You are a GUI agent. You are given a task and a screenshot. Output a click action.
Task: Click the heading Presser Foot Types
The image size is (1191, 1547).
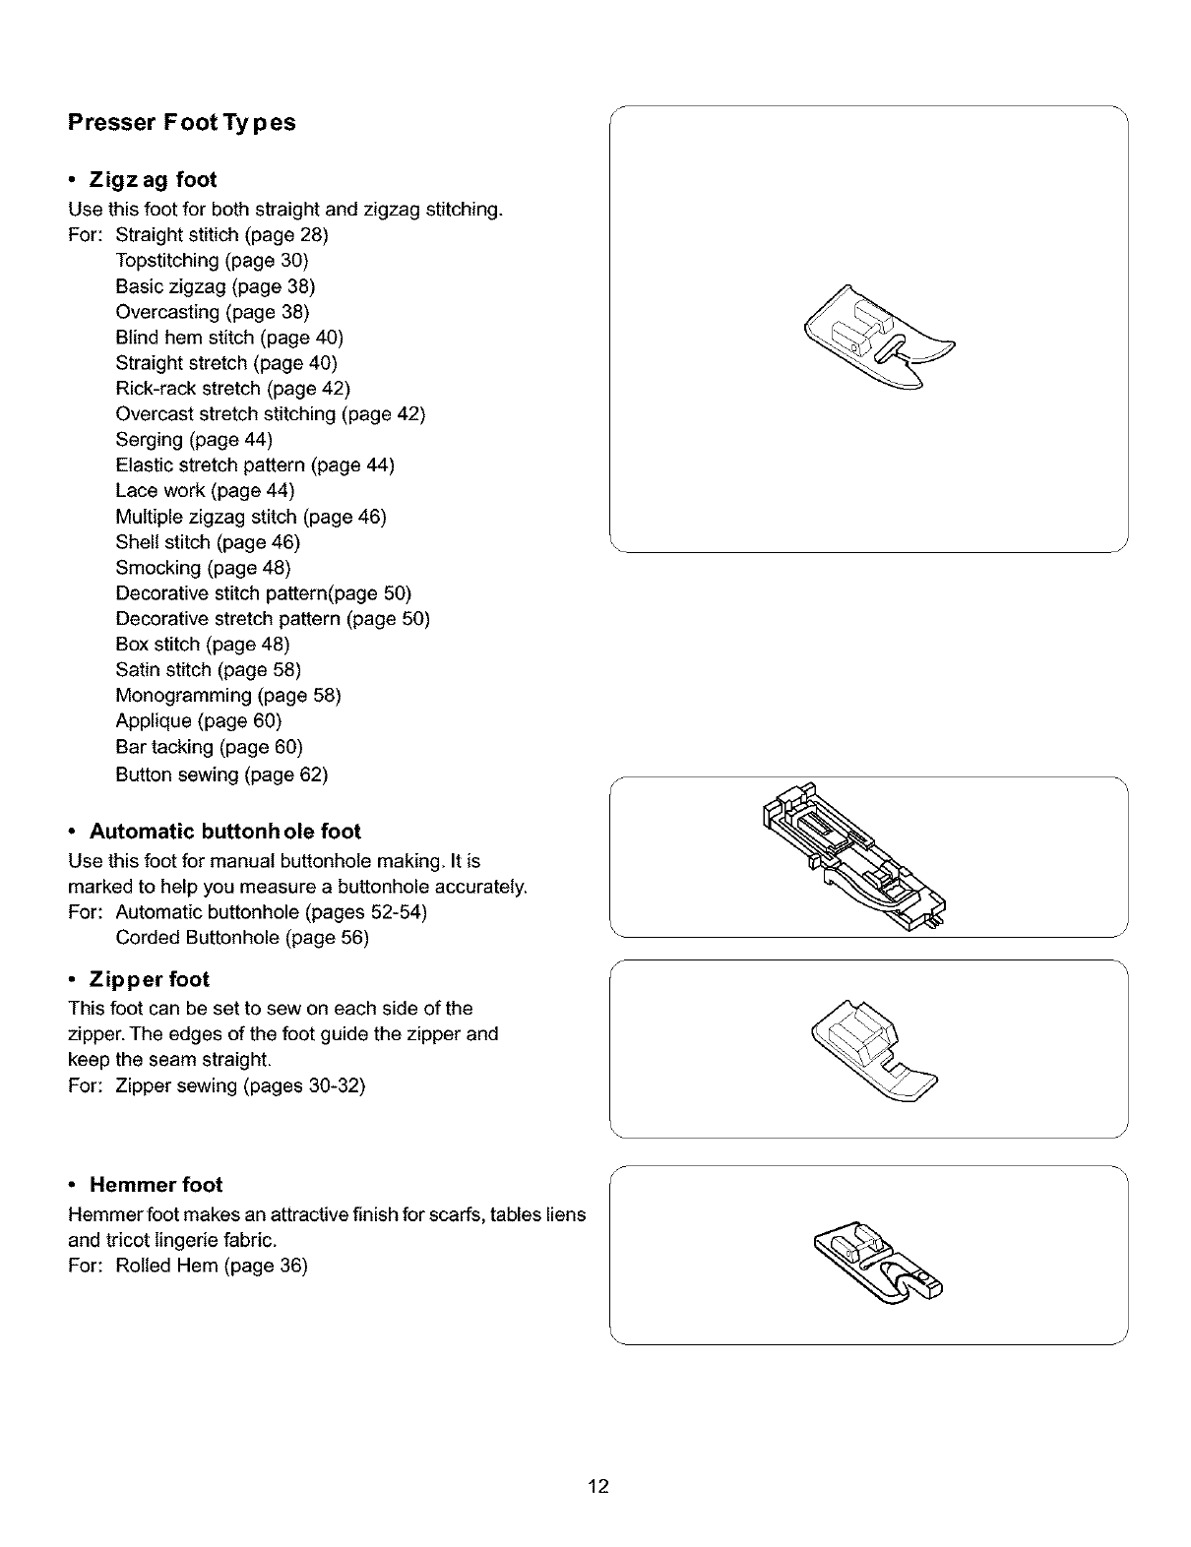point(181,123)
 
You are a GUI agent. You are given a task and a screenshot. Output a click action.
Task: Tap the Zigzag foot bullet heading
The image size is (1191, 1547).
point(153,180)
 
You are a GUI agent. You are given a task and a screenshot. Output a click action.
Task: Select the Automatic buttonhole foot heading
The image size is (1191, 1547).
point(225,832)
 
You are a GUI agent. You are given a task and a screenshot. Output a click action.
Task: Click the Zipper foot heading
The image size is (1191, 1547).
point(150,980)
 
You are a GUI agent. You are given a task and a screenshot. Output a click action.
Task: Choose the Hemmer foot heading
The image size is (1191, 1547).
point(156,1185)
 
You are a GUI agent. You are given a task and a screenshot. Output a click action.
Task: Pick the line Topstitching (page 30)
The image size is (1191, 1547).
point(212,261)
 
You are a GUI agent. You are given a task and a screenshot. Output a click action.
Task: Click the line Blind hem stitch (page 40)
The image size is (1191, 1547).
point(229,338)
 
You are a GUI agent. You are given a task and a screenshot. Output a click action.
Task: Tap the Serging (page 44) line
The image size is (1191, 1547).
point(194,440)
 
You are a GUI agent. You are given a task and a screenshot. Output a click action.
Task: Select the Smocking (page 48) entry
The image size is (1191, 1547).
point(203,568)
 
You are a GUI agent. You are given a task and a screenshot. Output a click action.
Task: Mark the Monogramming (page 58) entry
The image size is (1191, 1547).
point(228,696)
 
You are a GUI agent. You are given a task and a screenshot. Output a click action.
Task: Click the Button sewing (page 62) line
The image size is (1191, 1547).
point(221,774)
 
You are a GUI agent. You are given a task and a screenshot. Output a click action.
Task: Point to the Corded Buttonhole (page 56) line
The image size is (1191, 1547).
point(242,938)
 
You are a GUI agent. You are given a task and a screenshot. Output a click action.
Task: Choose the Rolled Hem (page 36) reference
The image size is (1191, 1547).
point(212,1266)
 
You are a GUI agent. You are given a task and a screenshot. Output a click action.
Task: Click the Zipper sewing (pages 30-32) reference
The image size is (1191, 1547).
point(240,1086)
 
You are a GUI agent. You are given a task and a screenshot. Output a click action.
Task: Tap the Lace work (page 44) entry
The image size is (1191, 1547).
point(205,491)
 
